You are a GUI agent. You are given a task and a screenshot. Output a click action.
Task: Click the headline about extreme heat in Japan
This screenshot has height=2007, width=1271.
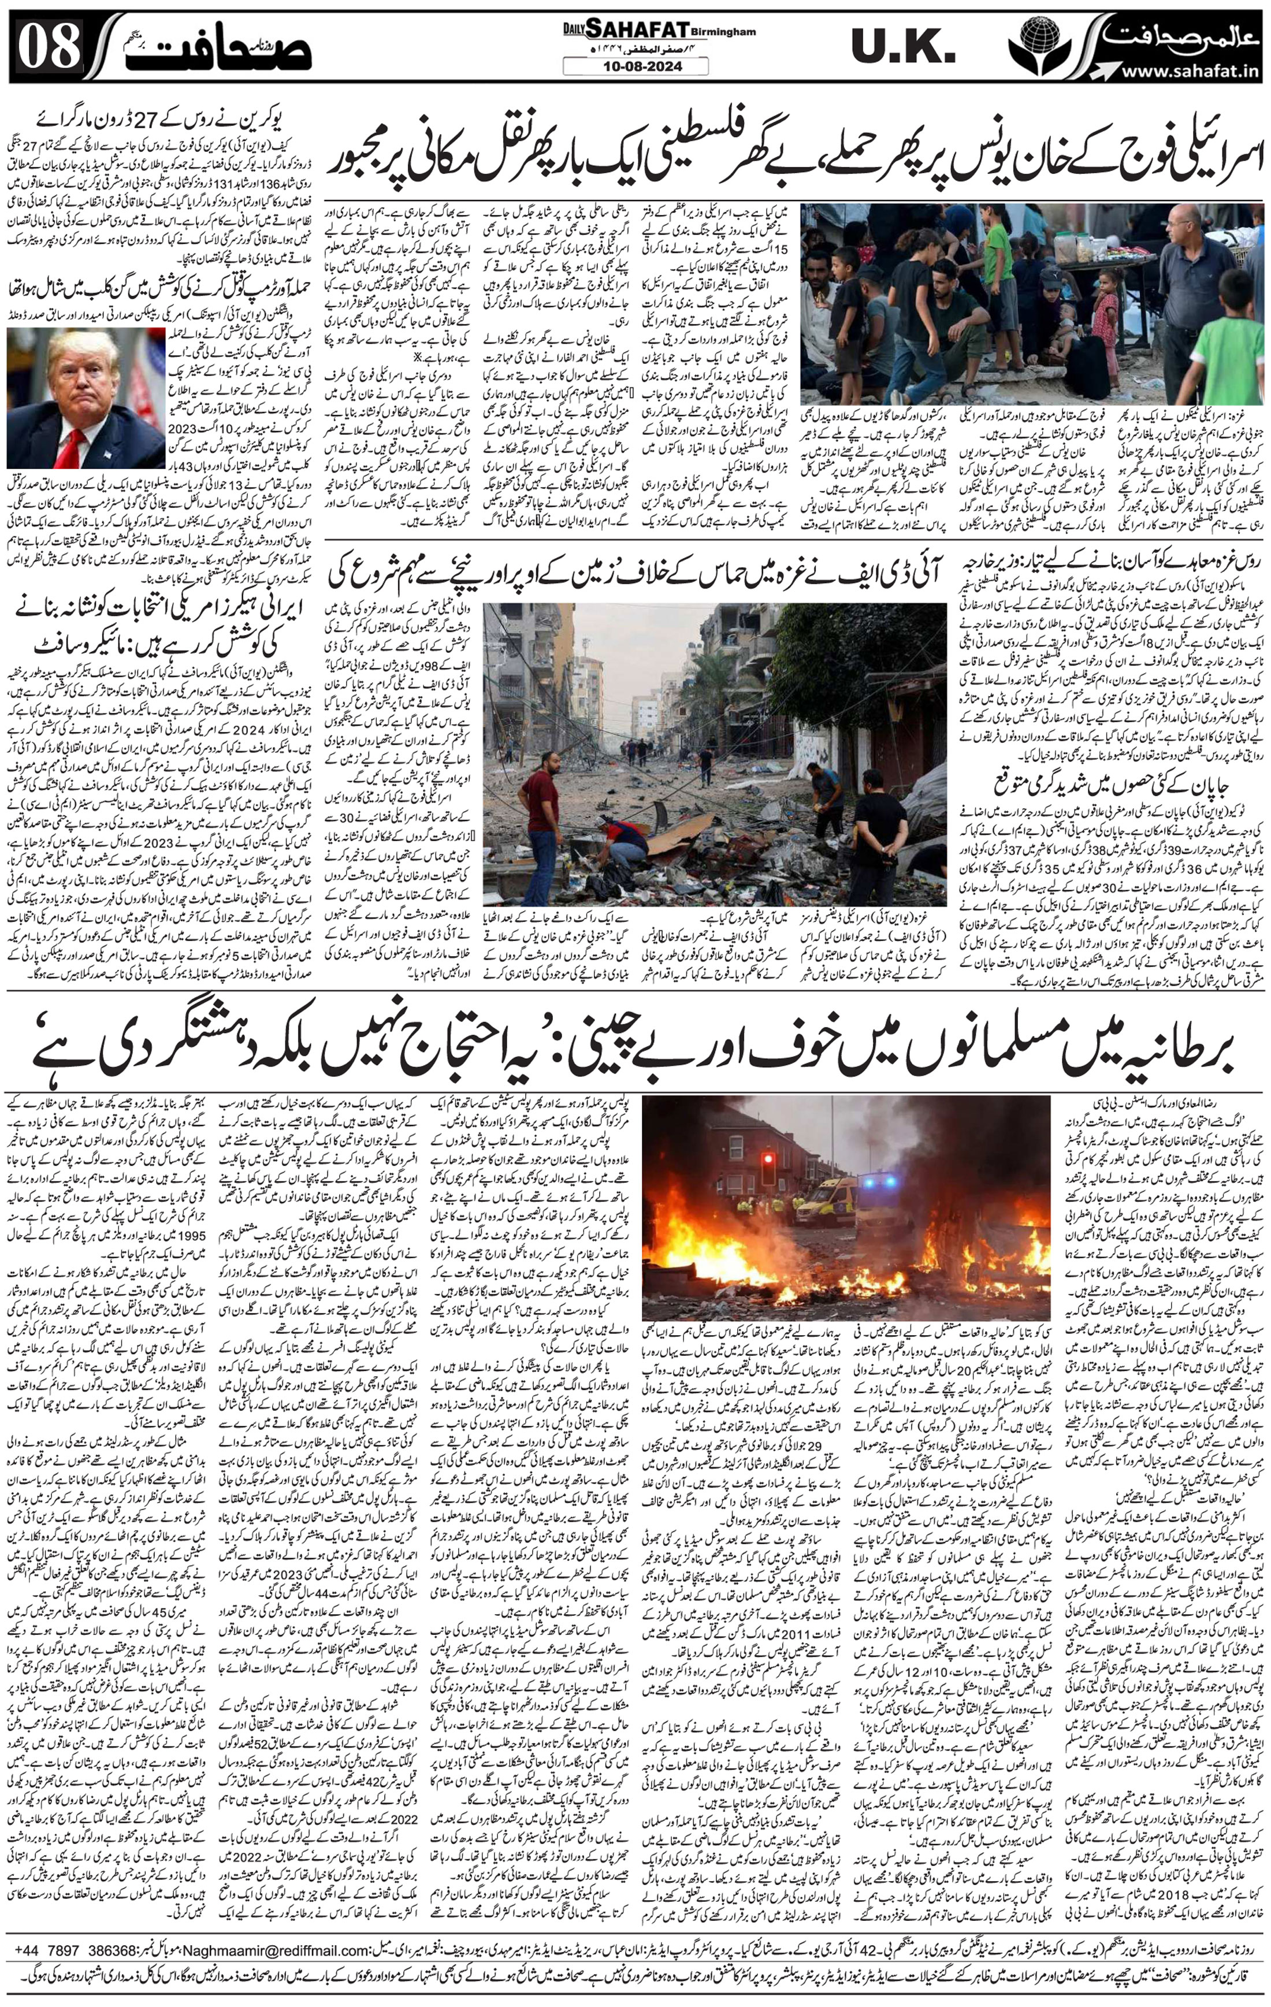tap(1109, 783)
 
